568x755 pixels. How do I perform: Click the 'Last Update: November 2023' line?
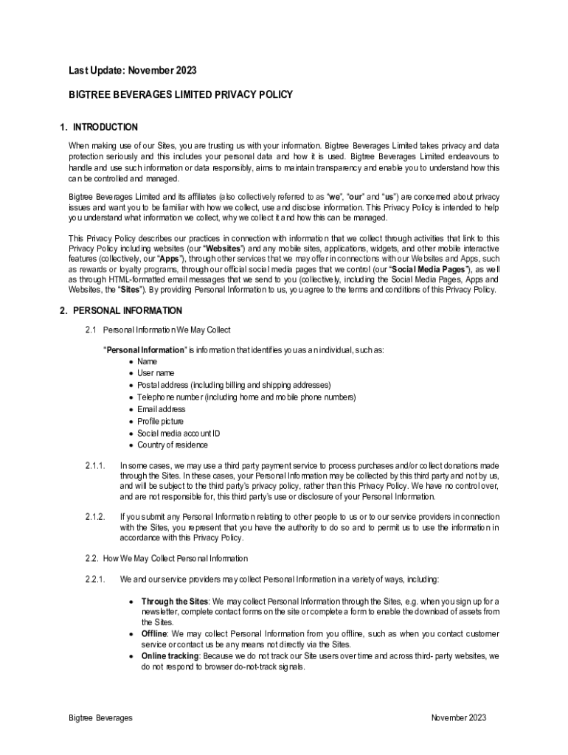pyautogui.click(x=133, y=71)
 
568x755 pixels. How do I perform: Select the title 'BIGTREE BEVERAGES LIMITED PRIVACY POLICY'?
pyautogui.click(x=181, y=95)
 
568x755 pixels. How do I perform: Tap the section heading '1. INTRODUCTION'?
pyautogui.click(x=99, y=128)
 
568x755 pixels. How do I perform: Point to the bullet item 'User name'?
pyautogui.click(x=156, y=373)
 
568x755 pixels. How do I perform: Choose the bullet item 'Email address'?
pyautogui.click(x=162, y=409)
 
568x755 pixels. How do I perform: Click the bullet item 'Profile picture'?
pyautogui.click(x=161, y=421)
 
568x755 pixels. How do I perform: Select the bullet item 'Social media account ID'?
pyautogui.click(x=179, y=434)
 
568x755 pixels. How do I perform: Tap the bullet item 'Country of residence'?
pyautogui.click(x=173, y=445)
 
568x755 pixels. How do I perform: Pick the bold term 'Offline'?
pyautogui.click(x=155, y=634)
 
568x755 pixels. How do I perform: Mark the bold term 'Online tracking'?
pyautogui.click(x=170, y=655)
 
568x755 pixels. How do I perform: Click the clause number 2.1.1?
pyautogui.click(x=96, y=466)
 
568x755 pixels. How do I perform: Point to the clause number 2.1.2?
pyautogui.click(x=96, y=517)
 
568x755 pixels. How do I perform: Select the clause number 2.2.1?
pyautogui.click(x=96, y=579)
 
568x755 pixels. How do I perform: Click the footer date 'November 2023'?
pyautogui.click(x=459, y=718)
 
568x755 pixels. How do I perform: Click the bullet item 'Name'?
pyautogui.click(x=148, y=361)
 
